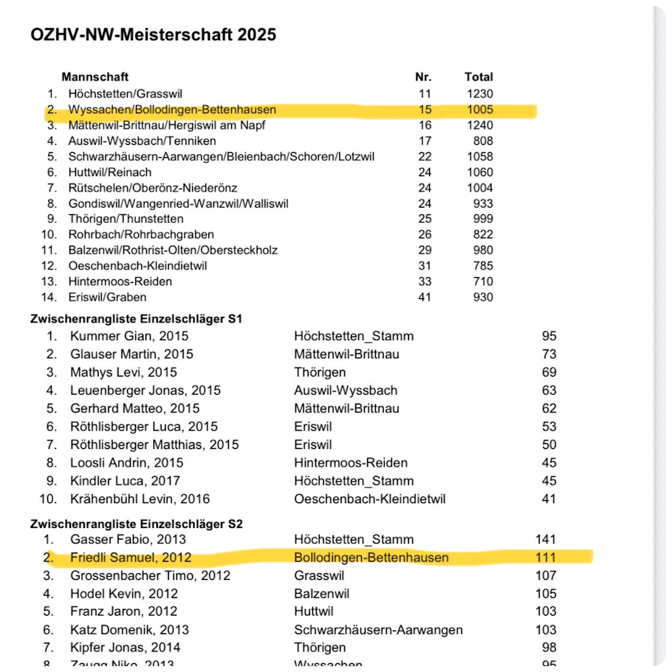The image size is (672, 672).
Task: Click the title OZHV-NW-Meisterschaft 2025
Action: click(154, 34)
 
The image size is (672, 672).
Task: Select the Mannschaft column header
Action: click(95, 77)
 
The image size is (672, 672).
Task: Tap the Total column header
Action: click(479, 77)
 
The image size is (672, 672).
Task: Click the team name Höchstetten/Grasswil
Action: click(125, 94)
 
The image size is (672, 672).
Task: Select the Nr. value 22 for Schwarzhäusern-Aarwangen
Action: click(425, 156)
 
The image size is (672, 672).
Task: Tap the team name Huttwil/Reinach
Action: click(110, 172)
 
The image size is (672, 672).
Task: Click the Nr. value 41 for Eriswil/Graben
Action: click(425, 297)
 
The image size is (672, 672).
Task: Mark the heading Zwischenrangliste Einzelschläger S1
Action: click(136, 319)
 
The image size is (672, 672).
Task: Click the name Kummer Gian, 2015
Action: click(129, 336)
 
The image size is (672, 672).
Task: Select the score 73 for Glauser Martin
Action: click(549, 354)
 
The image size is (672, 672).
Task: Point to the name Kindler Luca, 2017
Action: click(124, 481)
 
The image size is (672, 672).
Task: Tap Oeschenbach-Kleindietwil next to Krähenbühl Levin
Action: click(369, 499)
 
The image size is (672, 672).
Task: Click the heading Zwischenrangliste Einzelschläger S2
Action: click(136, 524)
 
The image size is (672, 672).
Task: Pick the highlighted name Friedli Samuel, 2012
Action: click(130, 558)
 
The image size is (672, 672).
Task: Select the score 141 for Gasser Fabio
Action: click(545, 540)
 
